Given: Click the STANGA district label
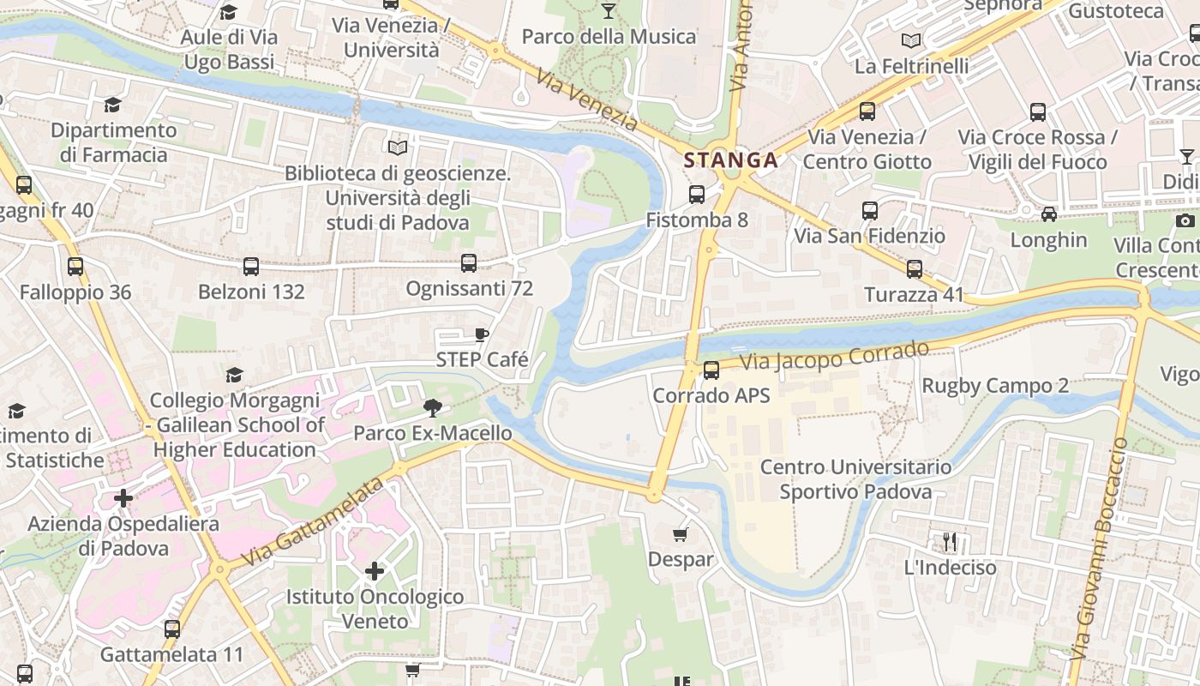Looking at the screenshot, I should [730, 160].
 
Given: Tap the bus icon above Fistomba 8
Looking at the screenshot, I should [697, 195].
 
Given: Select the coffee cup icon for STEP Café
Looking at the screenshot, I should [482, 334].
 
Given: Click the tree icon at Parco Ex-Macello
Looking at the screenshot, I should [432, 408].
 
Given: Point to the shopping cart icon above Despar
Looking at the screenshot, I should [681, 535].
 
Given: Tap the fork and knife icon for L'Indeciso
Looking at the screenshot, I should [950, 542].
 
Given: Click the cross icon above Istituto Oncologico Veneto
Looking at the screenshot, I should [375, 570].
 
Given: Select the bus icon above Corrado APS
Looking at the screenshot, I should [711, 370].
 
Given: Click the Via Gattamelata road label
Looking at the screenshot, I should [311, 522].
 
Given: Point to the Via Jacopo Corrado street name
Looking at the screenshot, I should [835, 357].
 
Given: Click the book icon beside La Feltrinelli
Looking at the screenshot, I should [911, 40].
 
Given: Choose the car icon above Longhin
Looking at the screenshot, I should [1048, 214].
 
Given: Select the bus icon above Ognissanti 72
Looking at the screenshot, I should [469, 263].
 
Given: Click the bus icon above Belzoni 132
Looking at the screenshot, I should [251, 267].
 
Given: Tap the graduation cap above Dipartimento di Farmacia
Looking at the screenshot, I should [113, 105].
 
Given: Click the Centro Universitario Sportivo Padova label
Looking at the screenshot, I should [855, 479].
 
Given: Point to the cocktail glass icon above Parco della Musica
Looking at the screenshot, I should [609, 11].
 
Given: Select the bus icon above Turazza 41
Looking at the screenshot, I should [915, 269].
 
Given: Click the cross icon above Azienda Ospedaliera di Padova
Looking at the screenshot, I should [123, 498].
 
